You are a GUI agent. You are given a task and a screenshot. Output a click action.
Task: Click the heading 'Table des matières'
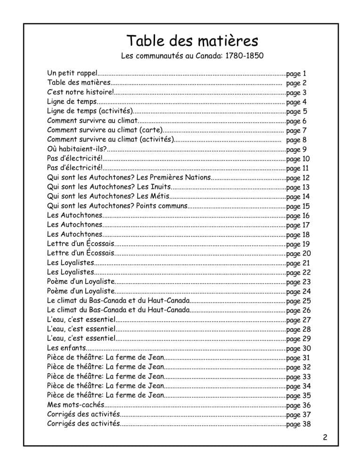pyautogui.click(x=192, y=39)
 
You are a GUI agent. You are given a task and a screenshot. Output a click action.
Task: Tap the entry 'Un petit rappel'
pyautogui.click(x=72, y=74)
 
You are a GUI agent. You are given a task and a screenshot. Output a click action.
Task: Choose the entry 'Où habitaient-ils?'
pyautogui.click(x=76, y=149)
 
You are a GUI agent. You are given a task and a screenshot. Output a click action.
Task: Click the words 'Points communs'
pyautogui.click(x=161, y=206)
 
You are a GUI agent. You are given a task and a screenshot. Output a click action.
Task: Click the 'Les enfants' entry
pyautogui.click(x=66, y=349)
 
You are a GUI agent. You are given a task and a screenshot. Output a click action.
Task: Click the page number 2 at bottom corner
pyautogui.click(x=325, y=437)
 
